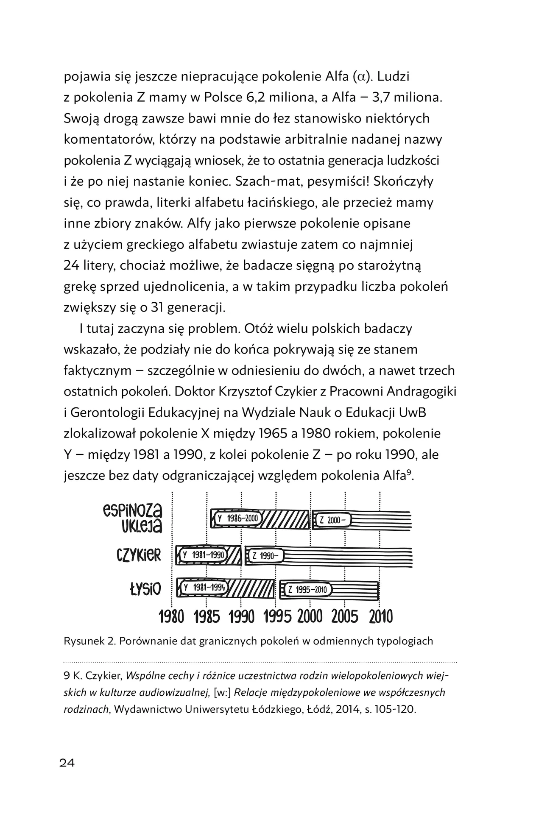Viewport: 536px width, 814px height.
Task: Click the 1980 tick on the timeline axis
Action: (172, 616)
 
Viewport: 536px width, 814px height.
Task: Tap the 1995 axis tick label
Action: (278, 616)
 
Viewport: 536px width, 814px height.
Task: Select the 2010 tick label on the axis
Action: (381, 616)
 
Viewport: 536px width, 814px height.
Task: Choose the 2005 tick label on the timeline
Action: (345, 616)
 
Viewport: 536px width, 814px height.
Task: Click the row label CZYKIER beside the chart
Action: (139, 555)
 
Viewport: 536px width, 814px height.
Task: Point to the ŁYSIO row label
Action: (145, 588)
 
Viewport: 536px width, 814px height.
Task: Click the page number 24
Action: (67, 763)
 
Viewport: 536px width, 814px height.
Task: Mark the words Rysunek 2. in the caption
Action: (89, 641)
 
